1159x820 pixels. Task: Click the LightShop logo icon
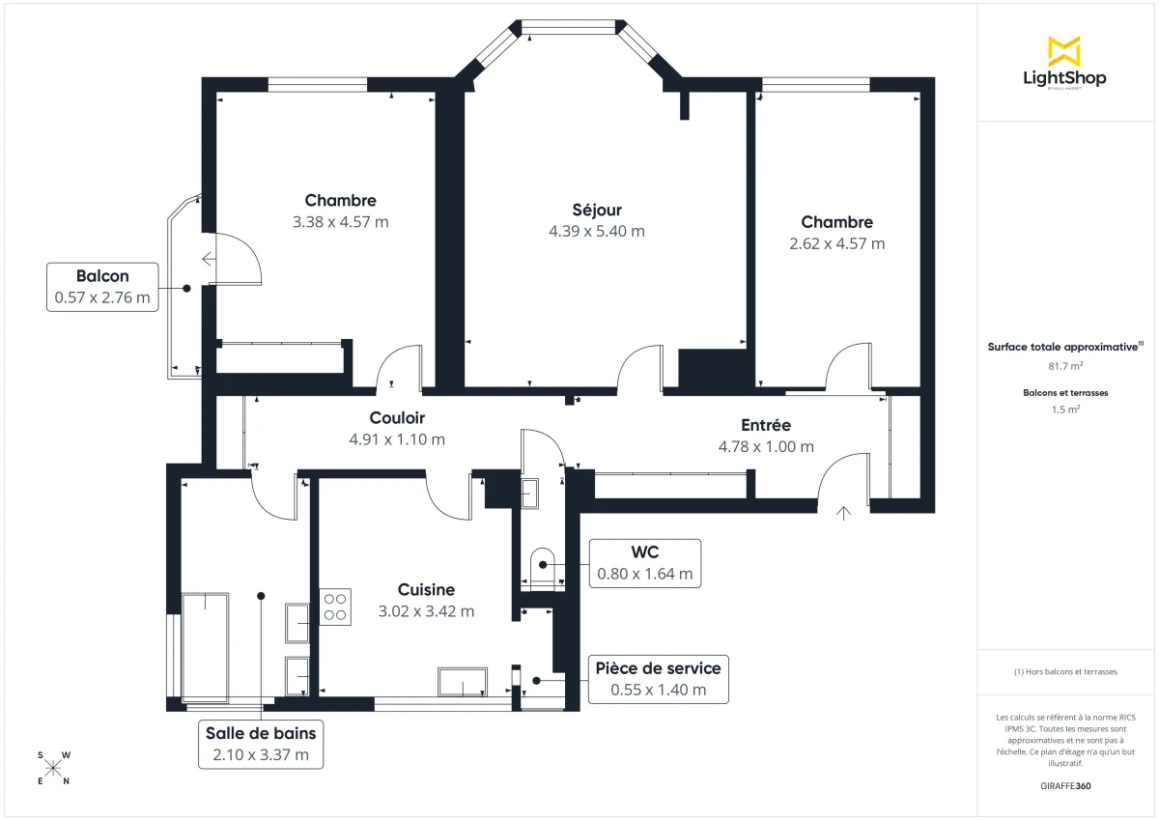pos(1064,50)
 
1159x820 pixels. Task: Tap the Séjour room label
pos(596,210)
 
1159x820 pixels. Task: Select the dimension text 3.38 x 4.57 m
pos(340,222)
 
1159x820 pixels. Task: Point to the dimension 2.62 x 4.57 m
pos(836,243)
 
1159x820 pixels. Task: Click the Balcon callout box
pos(102,287)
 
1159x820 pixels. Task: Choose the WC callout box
pos(644,563)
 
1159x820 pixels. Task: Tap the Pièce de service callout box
pos(658,679)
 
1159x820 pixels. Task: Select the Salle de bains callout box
pos(261,744)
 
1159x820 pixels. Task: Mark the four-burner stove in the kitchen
pos(335,607)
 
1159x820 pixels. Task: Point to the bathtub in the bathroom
pos(205,647)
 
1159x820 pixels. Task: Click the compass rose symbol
pos(54,768)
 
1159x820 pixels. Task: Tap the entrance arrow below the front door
pos(845,513)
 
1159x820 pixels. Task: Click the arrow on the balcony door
pos(209,259)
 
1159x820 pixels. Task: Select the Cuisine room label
pos(426,589)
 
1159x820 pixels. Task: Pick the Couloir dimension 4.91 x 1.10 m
pos(397,439)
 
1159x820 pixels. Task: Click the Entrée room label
pos(766,425)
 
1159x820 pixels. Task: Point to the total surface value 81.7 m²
pos(1064,366)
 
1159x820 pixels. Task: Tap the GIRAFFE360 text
pos(1064,786)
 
